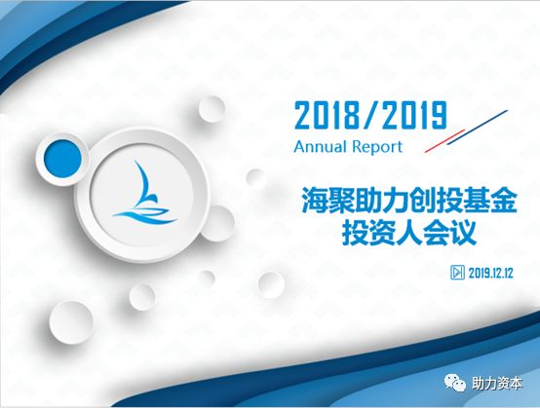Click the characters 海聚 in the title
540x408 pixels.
coord(326,202)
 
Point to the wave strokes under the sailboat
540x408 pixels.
coord(143,213)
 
